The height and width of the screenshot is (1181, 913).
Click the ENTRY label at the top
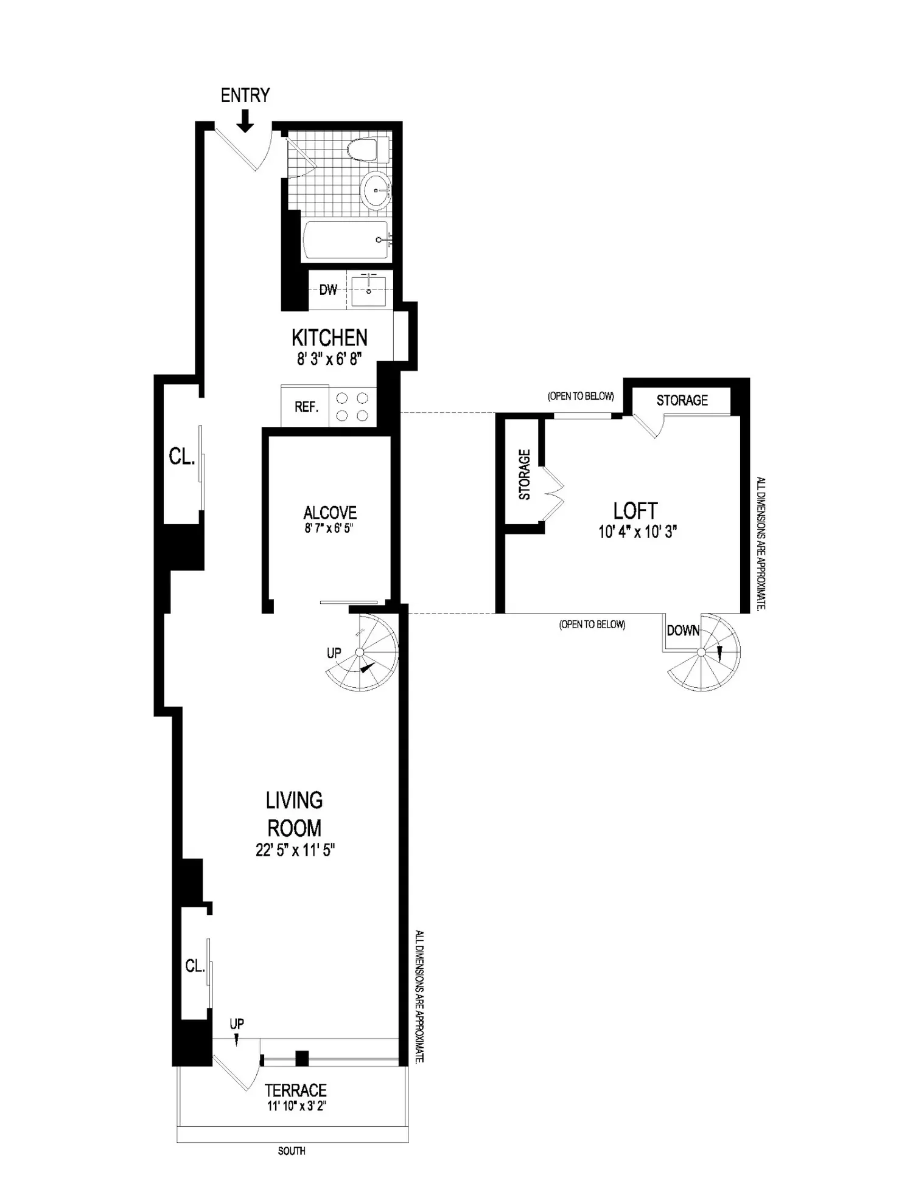pyautogui.click(x=245, y=95)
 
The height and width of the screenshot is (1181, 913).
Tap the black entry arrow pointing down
pyautogui.click(x=245, y=120)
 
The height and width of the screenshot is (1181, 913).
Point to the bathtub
pyautogui.click(x=346, y=240)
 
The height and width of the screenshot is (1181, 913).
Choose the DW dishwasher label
pyautogui.click(x=328, y=289)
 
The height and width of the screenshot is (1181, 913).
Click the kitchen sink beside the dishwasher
pyautogui.click(x=369, y=291)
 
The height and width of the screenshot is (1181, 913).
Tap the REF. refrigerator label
pyautogui.click(x=306, y=407)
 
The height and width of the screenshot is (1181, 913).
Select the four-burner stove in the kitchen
pyautogui.click(x=353, y=406)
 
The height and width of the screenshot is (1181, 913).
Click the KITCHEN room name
pyautogui.click(x=329, y=338)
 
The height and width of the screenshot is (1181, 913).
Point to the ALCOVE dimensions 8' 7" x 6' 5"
pyautogui.click(x=329, y=528)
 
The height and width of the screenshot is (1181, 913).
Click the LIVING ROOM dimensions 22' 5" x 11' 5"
pyautogui.click(x=295, y=850)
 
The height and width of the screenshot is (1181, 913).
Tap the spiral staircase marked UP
pyautogui.click(x=362, y=653)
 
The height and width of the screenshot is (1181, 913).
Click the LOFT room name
pyautogui.click(x=635, y=511)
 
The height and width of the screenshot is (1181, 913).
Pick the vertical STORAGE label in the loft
pyautogui.click(x=524, y=474)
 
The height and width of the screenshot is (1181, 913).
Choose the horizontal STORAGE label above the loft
pyautogui.click(x=682, y=400)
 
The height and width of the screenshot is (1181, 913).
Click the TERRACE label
pyautogui.click(x=296, y=1090)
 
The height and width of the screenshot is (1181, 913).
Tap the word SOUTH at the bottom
pyautogui.click(x=292, y=1151)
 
